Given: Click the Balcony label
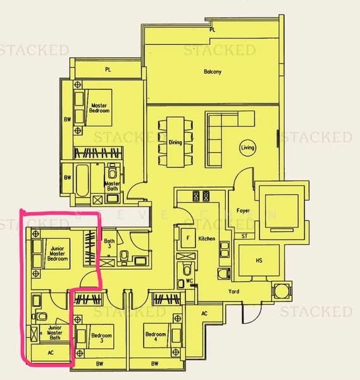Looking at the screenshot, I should pyautogui.click(x=213, y=72).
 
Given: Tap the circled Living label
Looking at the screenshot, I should pyautogui.click(x=247, y=148).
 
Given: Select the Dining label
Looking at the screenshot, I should pyautogui.click(x=175, y=142).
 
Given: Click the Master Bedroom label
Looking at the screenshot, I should pyautogui.click(x=99, y=108).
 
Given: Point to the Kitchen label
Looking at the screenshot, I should pyautogui.click(x=207, y=239).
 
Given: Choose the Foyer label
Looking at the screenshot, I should pyautogui.click(x=243, y=210).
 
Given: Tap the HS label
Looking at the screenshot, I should pyautogui.click(x=258, y=261).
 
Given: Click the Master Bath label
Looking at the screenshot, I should pyautogui.click(x=112, y=186).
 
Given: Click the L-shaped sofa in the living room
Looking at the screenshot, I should pyautogui.click(x=221, y=127).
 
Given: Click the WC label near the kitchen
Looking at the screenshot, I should pyautogui.click(x=188, y=281).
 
